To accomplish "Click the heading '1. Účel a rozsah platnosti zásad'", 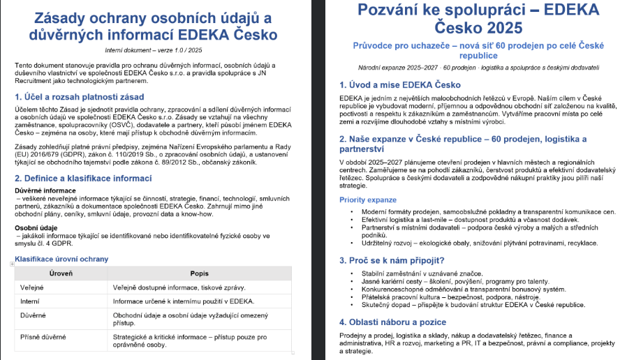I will click(x=80, y=97).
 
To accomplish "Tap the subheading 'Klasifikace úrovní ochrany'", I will click(x=62, y=259).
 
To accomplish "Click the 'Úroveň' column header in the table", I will click(x=61, y=273).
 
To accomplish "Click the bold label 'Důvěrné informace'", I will click(x=47, y=190).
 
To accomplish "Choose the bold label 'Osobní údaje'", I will click(x=38, y=227).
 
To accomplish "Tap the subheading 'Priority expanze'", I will click(x=367, y=200).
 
